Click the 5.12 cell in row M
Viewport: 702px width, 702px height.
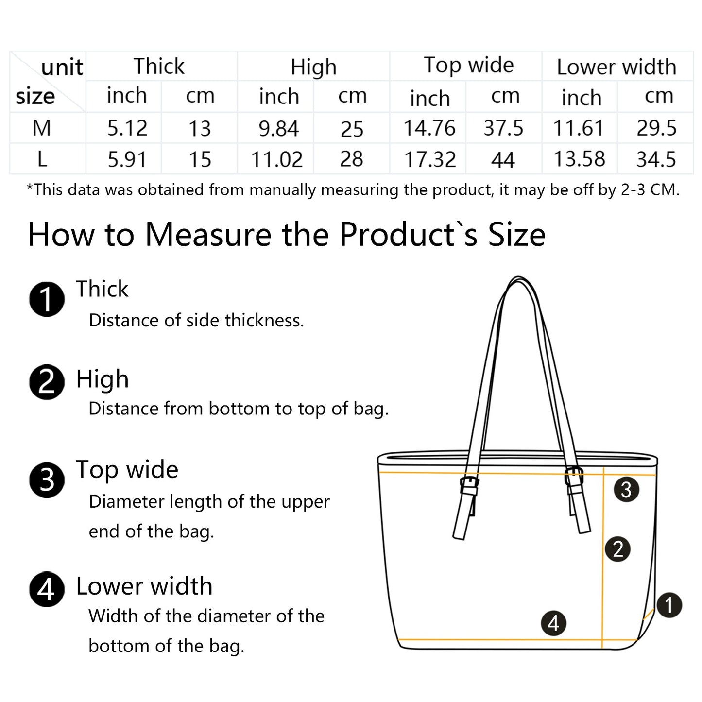click(127, 128)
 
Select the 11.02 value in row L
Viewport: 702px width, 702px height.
click(277, 159)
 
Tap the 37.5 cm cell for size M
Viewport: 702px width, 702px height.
click(503, 128)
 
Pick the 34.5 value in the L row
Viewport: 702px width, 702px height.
click(656, 159)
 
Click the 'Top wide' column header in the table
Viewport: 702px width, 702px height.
click(468, 66)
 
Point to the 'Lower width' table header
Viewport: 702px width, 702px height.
click(616, 67)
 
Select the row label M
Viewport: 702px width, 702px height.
click(41, 128)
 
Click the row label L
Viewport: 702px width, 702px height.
click(42, 159)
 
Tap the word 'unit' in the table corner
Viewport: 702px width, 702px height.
click(62, 68)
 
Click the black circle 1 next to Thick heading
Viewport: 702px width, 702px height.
click(47, 299)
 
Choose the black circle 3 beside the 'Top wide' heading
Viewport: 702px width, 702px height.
click(47, 480)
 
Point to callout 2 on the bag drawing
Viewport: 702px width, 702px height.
click(617, 549)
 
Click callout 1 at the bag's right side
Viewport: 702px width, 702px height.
click(669, 605)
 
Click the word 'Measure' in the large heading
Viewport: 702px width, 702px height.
click(208, 234)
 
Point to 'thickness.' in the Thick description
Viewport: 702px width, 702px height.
click(264, 320)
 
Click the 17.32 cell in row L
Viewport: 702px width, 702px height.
click(430, 159)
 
